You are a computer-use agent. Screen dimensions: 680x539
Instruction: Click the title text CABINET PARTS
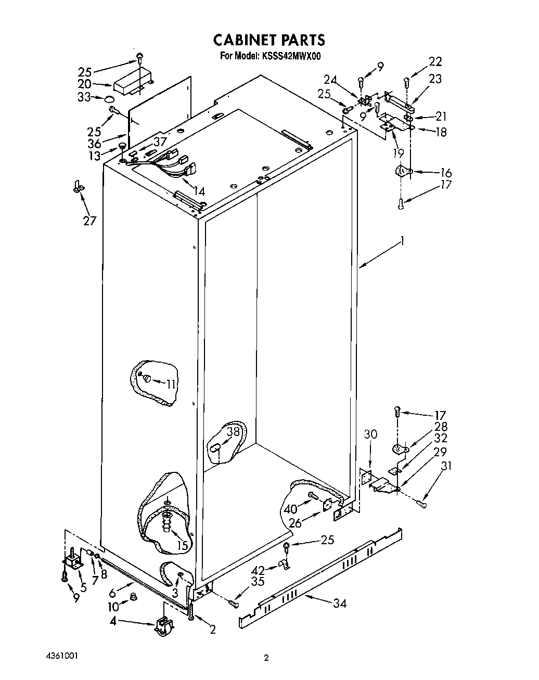(269, 40)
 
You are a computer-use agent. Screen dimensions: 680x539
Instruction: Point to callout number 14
(199, 191)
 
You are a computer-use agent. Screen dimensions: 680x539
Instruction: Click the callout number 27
(89, 221)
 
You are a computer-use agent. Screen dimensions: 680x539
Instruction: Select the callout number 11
(171, 384)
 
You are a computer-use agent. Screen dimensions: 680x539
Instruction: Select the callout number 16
(446, 173)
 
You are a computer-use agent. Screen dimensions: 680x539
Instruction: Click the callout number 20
(85, 84)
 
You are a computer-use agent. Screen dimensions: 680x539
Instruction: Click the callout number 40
(290, 509)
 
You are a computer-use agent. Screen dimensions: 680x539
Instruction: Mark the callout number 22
(435, 61)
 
